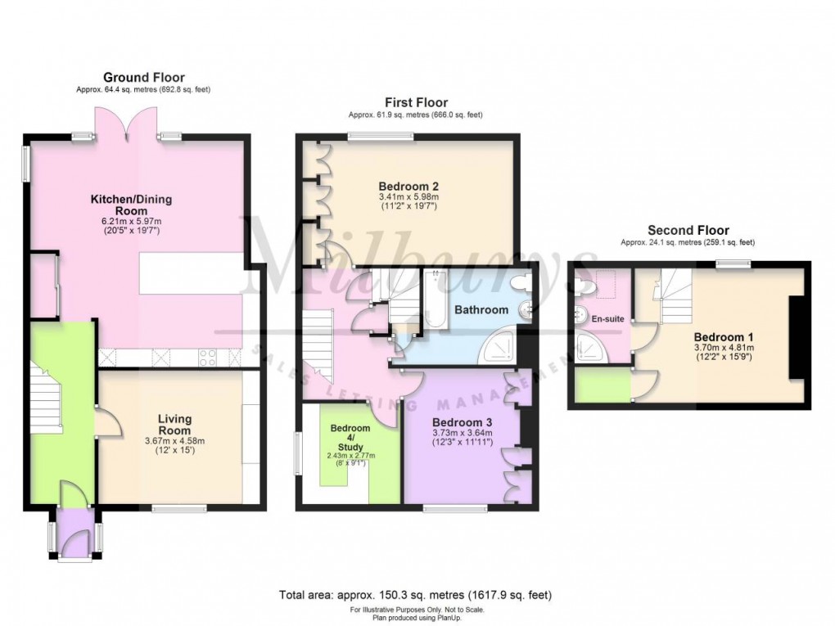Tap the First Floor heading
(416, 102)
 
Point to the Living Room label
(174, 425)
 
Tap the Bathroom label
(481, 310)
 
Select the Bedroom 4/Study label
(350, 434)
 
